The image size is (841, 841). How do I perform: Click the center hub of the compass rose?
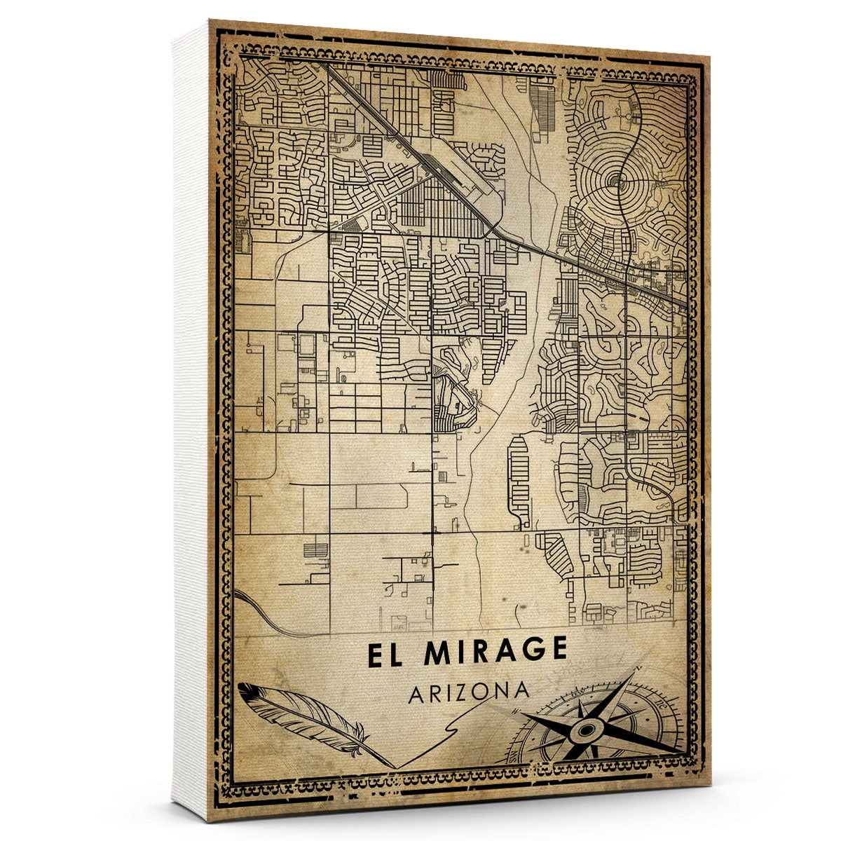584,730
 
